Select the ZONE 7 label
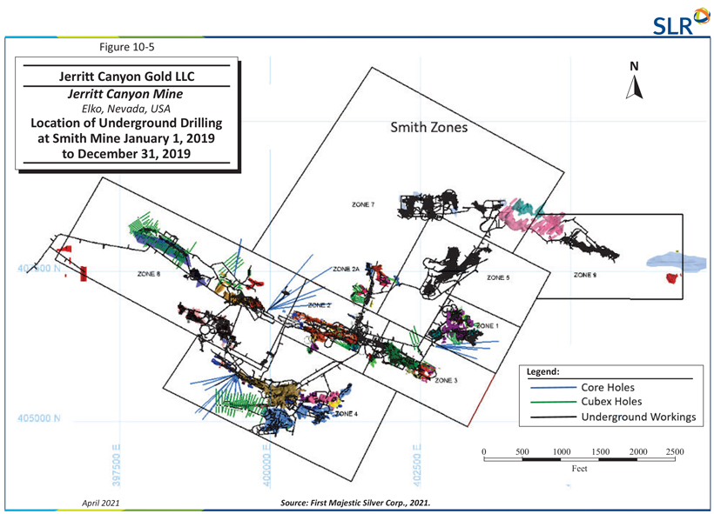point(363,205)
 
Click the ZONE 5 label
point(497,277)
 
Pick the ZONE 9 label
point(584,275)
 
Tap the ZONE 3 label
point(446,380)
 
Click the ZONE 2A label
point(346,270)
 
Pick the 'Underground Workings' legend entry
point(639,417)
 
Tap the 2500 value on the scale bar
point(675,452)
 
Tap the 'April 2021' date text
point(100,502)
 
